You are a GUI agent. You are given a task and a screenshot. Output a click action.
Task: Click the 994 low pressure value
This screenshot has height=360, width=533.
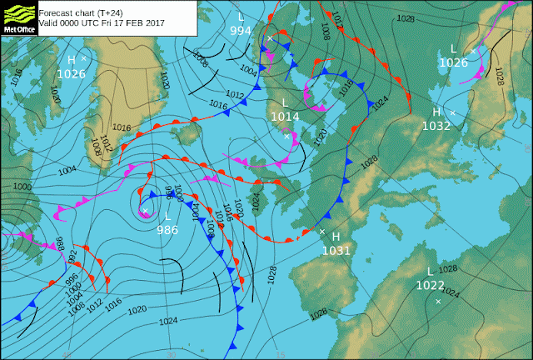(x=241, y=31)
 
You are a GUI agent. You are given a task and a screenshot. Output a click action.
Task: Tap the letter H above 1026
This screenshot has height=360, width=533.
(x=72, y=60)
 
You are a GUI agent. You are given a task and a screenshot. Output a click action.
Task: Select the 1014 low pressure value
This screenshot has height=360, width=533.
(x=285, y=117)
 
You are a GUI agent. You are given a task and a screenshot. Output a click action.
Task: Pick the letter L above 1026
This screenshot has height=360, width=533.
(x=454, y=49)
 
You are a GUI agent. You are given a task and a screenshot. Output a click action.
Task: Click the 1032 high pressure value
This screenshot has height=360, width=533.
(x=436, y=126)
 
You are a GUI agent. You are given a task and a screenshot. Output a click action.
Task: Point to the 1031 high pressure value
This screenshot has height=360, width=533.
(x=336, y=250)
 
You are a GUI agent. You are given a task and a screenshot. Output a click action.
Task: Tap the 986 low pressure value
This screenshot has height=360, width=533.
(x=167, y=229)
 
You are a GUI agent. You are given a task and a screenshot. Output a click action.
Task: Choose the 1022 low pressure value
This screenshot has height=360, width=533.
(x=430, y=284)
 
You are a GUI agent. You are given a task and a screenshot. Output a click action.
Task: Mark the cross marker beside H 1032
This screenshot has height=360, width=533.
(x=453, y=112)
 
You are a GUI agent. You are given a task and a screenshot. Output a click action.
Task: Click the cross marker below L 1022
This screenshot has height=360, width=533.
(x=438, y=301)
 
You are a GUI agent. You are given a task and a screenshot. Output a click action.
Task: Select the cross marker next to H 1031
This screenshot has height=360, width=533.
(x=321, y=231)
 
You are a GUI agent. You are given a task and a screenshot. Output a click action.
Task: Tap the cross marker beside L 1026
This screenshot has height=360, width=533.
(x=473, y=51)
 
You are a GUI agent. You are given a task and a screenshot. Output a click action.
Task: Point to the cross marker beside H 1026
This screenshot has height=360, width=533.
(x=84, y=58)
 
